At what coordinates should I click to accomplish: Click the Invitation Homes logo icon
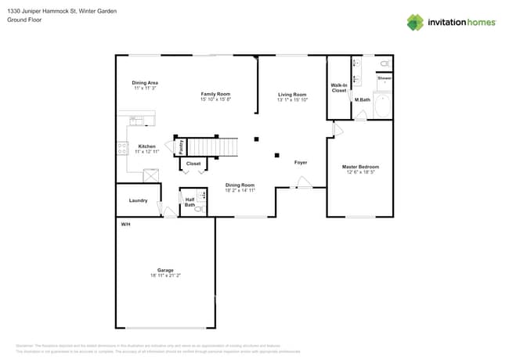coord(415,22)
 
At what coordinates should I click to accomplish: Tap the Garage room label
coord(164,270)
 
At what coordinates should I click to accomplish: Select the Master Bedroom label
coord(360,167)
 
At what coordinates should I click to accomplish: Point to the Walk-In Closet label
coord(339,88)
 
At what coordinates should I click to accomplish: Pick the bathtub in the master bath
coord(383,105)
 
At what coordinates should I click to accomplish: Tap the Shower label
coord(384,78)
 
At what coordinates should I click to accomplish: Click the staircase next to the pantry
coord(213,146)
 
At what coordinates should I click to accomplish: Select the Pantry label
coord(182,146)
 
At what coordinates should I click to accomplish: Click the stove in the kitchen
coord(123,147)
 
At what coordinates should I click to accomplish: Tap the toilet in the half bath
coord(199,209)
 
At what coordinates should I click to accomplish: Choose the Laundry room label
coord(138,200)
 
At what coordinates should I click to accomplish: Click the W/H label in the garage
coord(125,225)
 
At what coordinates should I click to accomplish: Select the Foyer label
coord(300,163)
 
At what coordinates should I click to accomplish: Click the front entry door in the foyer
coord(302,184)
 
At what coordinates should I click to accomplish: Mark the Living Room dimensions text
coord(292,100)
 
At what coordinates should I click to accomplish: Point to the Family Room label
coord(215,94)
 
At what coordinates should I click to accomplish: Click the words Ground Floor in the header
coord(24,20)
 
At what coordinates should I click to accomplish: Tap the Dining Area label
coord(145,82)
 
